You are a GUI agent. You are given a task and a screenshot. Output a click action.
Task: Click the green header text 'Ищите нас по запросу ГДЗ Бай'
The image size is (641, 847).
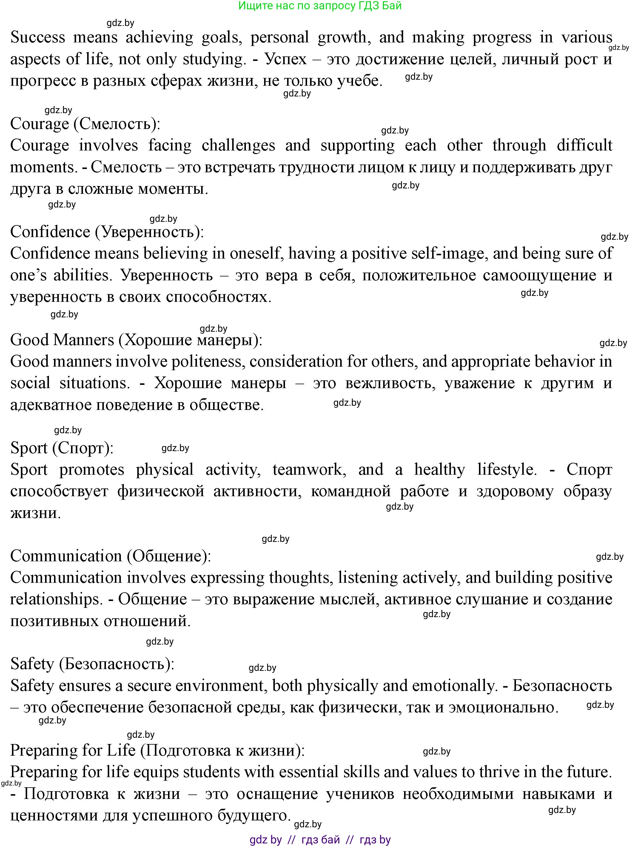(320, 6)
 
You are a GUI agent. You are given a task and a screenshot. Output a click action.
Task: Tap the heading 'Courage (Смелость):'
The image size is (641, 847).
(85, 124)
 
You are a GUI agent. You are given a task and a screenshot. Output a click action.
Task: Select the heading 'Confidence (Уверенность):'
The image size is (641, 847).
(107, 232)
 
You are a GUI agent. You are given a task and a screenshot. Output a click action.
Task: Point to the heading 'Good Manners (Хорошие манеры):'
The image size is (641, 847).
(136, 340)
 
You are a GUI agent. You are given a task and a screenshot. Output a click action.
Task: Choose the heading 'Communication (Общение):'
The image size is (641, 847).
(110, 556)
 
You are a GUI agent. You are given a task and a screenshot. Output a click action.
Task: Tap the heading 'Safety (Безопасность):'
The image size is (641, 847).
(92, 664)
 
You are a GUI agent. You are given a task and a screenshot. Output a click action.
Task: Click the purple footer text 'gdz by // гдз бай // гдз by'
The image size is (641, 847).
(320, 840)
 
